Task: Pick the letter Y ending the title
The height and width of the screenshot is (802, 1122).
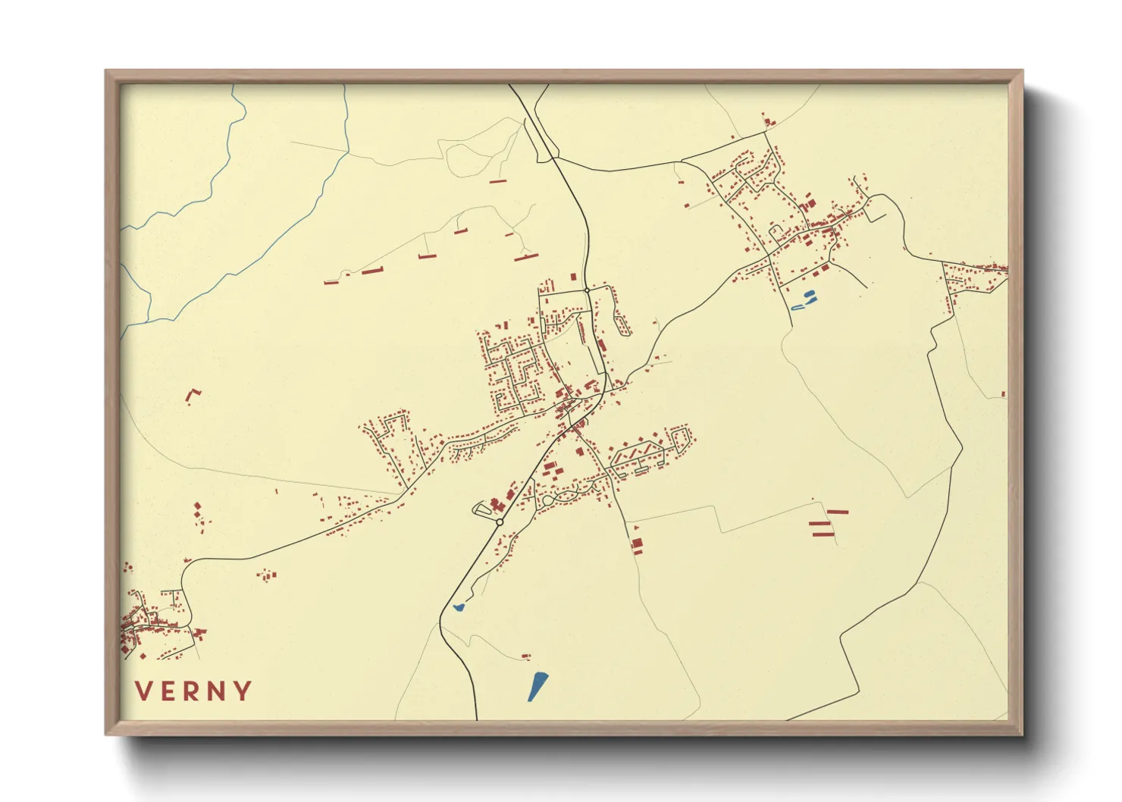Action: (243, 691)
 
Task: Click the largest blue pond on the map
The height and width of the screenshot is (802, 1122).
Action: (537, 685)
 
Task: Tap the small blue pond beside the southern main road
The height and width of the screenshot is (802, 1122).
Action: (458, 606)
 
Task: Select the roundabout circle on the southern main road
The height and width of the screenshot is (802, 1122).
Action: (500, 522)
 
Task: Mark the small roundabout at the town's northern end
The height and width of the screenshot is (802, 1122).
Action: (587, 290)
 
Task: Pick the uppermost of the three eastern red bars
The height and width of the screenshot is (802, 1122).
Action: (837, 512)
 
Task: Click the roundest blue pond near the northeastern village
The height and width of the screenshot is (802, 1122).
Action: (809, 294)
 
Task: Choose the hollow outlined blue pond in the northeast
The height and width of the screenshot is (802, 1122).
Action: (798, 307)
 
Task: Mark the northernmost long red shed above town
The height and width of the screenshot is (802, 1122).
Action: (497, 181)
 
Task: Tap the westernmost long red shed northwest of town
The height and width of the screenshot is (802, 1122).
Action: (331, 283)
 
